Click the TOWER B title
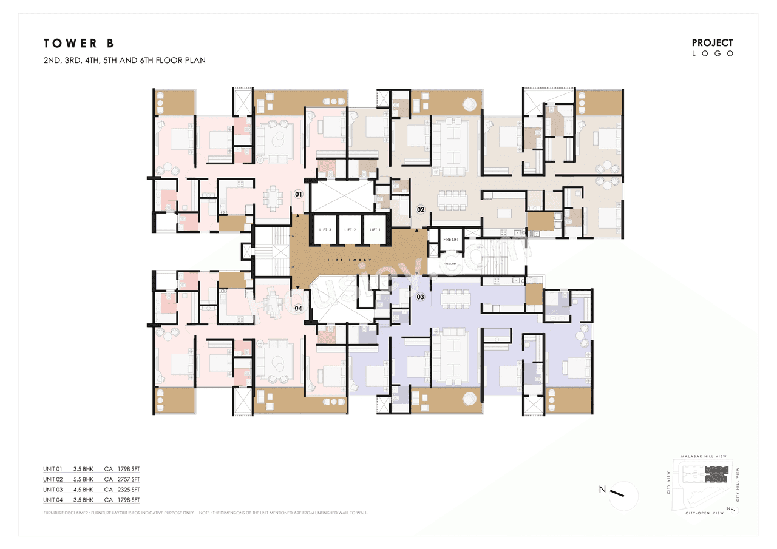[x=78, y=43]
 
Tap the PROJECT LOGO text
[x=713, y=47]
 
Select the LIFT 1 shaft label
[x=375, y=230]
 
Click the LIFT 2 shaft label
[x=350, y=230]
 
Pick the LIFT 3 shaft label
[x=325, y=230]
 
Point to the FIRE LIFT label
[x=451, y=240]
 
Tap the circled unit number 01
[x=298, y=194]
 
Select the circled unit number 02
[x=420, y=210]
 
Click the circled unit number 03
[x=420, y=297]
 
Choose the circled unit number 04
[x=298, y=308]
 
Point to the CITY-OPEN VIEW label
[x=705, y=513]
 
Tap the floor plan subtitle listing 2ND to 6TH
[x=124, y=61]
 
